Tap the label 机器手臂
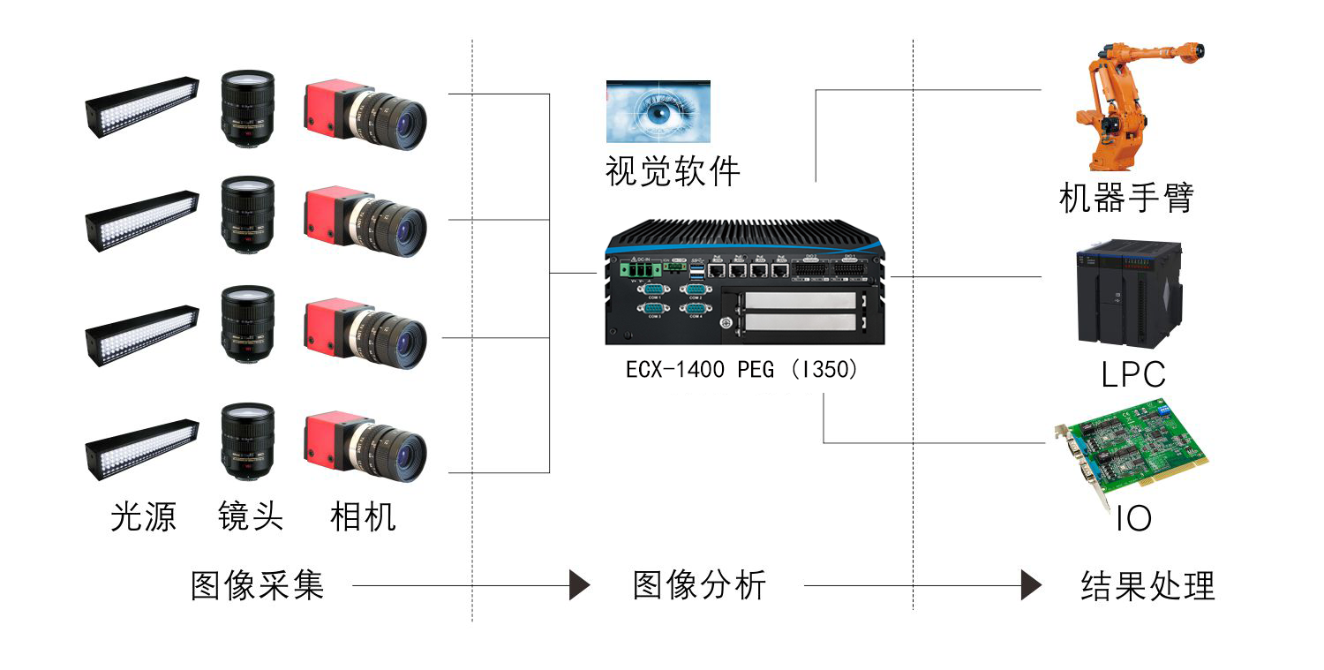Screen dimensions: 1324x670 tap(1126, 198)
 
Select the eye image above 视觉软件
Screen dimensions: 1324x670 tap(658, 111)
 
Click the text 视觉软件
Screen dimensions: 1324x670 tap(673, 171)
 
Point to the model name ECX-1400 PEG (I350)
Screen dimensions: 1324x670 tap(741, 370)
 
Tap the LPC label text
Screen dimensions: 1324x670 tap(1133, 374)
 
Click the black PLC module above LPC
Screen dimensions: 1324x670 tap(1130, 294)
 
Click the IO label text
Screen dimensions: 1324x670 tap(1133, 519)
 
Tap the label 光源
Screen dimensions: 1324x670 tap(143, 516)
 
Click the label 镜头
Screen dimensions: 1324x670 tap(251, 516)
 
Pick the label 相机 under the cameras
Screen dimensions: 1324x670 tap(362, 516)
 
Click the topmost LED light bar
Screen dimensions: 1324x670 tap(142, 107)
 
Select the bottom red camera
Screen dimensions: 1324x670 tap(365, 446)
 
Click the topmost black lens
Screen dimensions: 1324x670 tap(248, 108)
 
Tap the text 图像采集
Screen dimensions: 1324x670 tap(257, 585)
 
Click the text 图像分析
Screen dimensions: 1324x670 tap(699, 585)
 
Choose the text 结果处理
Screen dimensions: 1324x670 tap(1147, 585)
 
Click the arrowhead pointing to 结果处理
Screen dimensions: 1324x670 tap(1031, 585)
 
